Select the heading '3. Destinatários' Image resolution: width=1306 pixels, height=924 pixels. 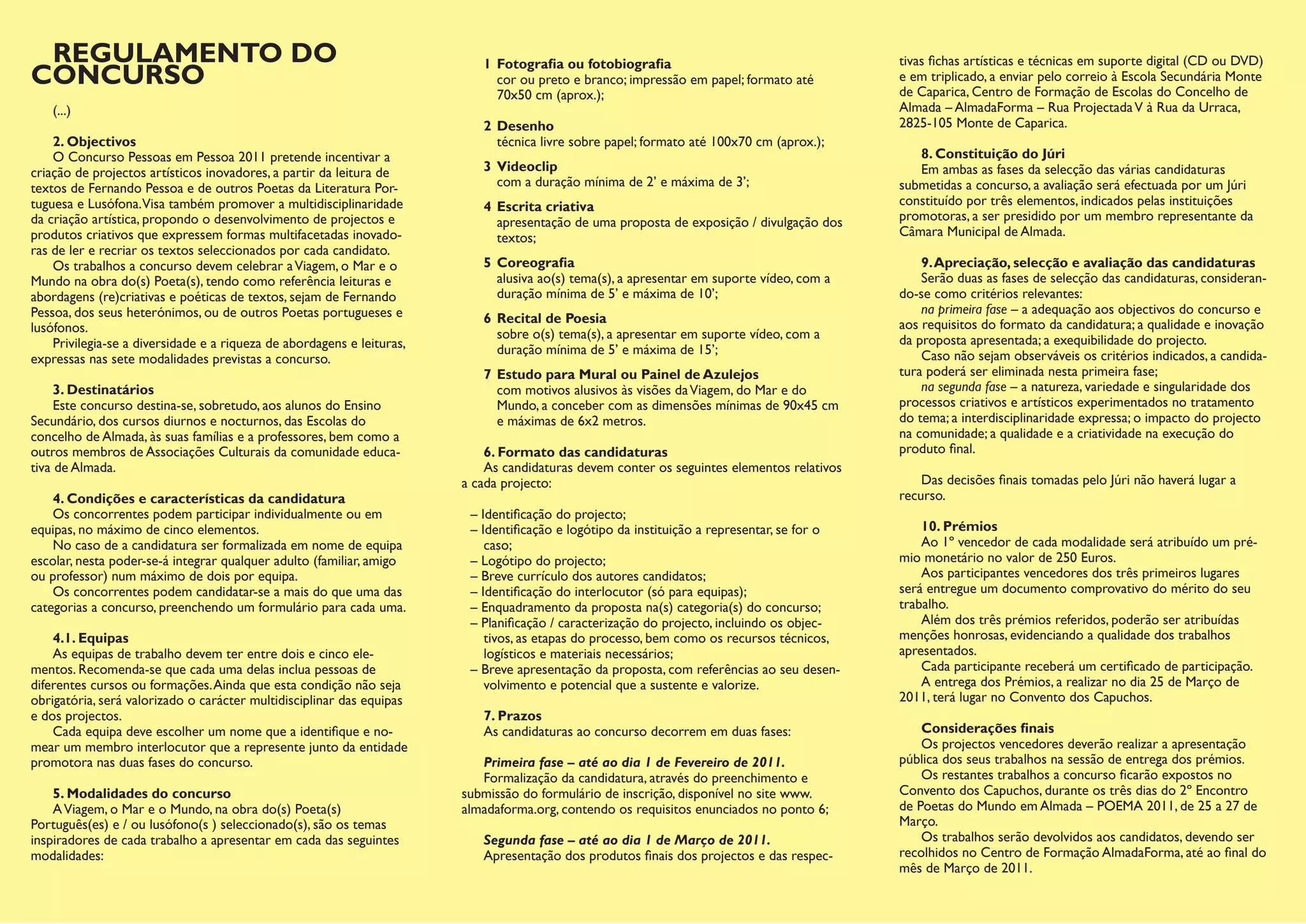tap(103, 389)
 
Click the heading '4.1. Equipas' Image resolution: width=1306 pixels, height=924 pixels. tap(91, 638)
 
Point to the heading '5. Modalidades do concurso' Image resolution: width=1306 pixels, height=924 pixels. tap(142, 793)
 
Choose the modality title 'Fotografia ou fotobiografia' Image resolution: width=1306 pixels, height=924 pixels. tap(583, 64)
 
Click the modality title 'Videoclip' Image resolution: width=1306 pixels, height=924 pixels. tap(527, 166)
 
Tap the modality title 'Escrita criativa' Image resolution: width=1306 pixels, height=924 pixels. tap(545, 207)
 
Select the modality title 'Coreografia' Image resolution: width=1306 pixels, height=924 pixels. tap(535, 262)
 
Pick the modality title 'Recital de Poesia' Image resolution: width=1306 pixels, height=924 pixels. tap(551, 318)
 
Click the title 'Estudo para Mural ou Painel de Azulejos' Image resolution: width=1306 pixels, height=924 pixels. tap(627, 374)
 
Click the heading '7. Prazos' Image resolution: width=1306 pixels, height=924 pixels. tap(513, 715)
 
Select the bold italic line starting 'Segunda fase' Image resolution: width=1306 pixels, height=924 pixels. tap(627, 839)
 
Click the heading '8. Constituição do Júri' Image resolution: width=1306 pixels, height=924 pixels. tap(993, 154)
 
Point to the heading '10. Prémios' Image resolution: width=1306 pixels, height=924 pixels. tap(959, 526)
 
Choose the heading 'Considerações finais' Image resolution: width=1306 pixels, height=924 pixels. tap(987, 728)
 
